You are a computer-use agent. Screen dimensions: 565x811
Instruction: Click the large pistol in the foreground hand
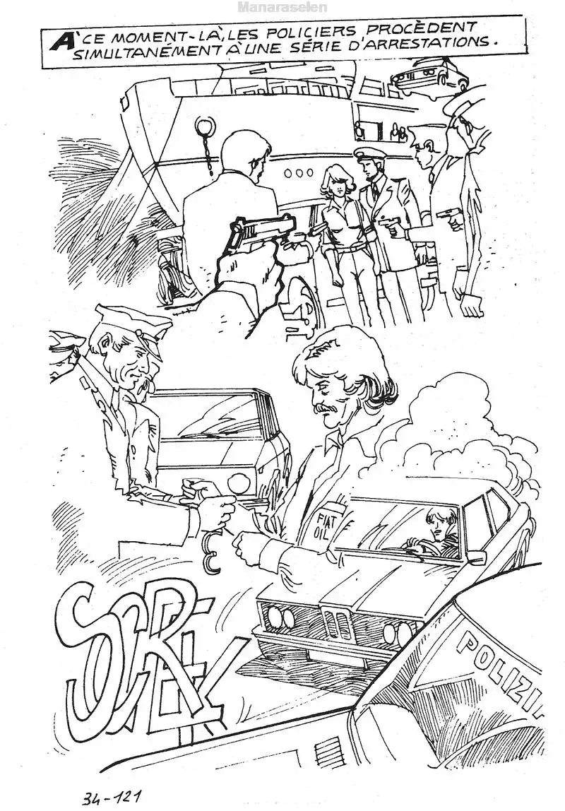[261, 231]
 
